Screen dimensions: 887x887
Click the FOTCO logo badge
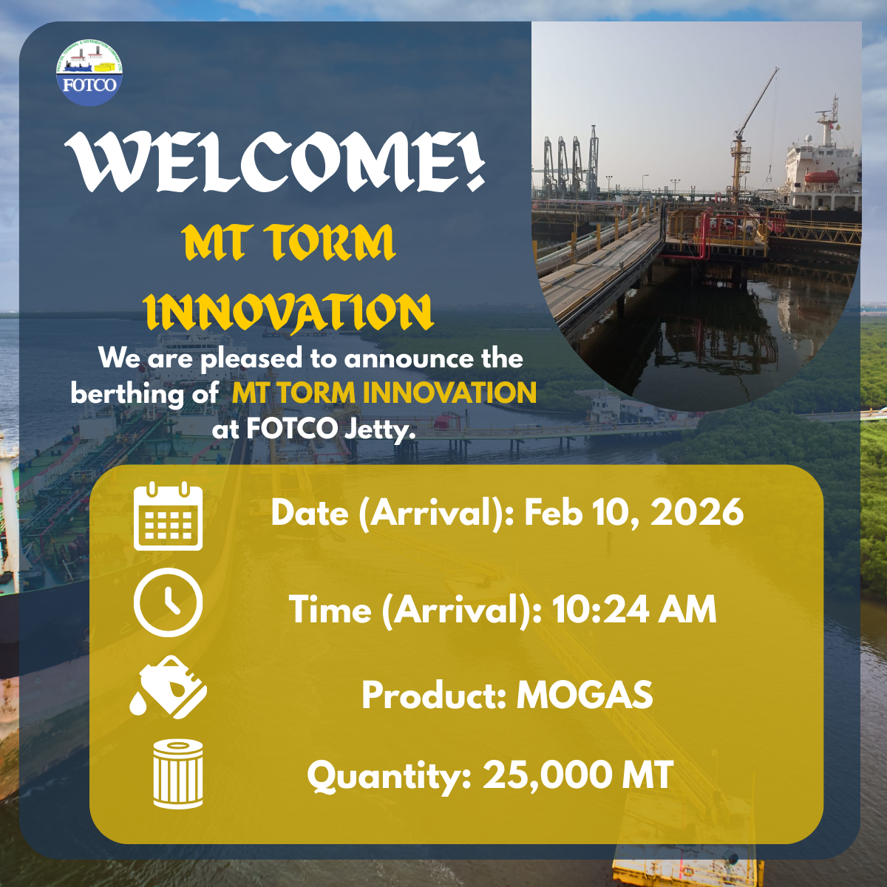pos(89,72)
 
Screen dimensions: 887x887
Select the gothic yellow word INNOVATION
pos(288,312)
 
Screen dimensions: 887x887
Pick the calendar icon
pos(168,516)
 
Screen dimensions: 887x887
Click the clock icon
pos(168,602)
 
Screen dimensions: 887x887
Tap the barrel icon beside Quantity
pos(177,774)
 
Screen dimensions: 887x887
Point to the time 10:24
pos(600,609)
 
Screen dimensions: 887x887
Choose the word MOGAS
pos(585,695)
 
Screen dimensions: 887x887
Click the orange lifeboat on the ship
pos(822,177)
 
